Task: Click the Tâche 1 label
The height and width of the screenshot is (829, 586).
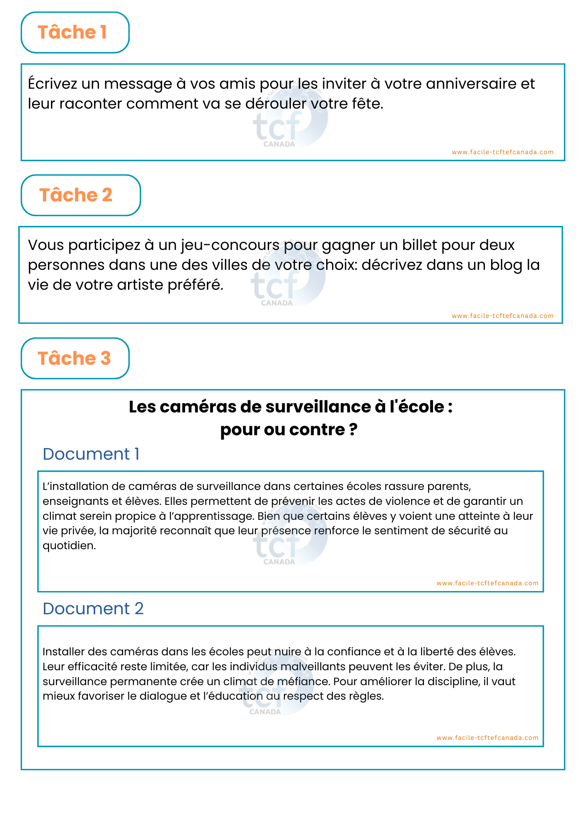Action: pyautogui.click(x=72, y=32)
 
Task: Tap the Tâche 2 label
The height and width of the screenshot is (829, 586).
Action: pyautogui.click(x=76, y=195)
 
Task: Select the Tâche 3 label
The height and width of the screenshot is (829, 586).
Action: pyautogui.click(x=74, y=359)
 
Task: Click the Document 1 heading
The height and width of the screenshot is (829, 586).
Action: pyautogui.click(x=91, y=454)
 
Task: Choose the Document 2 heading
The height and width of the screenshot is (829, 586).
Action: pyautogui.click(x=93, y=609)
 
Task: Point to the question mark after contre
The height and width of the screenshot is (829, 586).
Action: pyautogui.click(x=353, y=430)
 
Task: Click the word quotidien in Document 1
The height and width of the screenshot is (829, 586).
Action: pyautogui.click(x=69, y=546)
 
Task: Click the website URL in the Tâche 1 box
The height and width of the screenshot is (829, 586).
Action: pyautogui.click(x=502, y=152)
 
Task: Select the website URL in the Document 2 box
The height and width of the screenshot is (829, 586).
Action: pyautogui.click(x=487, y=738)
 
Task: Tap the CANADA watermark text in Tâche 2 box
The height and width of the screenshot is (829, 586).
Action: pyautogui.click(x=277, y=303)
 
